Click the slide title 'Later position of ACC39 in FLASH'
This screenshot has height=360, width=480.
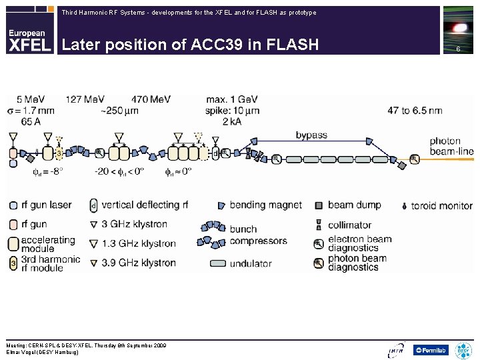[x=190, y=45]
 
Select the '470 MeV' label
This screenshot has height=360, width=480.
[x=151, y=99]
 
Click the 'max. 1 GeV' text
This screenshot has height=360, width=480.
[x=233, y=99]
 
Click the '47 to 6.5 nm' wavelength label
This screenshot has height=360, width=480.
[x=415, y=110]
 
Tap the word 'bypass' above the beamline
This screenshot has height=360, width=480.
[x=311, y=135]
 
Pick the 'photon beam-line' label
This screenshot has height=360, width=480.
[x=451, y=147]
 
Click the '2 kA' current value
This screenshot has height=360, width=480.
[x=231, y=121]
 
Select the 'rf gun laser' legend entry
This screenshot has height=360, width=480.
[x=46, y=205]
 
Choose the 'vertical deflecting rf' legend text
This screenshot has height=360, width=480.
[x=145, y=205]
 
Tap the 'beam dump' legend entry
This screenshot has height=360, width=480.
[x=354, y=205]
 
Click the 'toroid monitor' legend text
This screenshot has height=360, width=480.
[x=442, y=205]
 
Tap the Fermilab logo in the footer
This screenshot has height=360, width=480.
[x=431, y=349]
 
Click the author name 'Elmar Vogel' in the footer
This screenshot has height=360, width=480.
[x=23, y=352]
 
